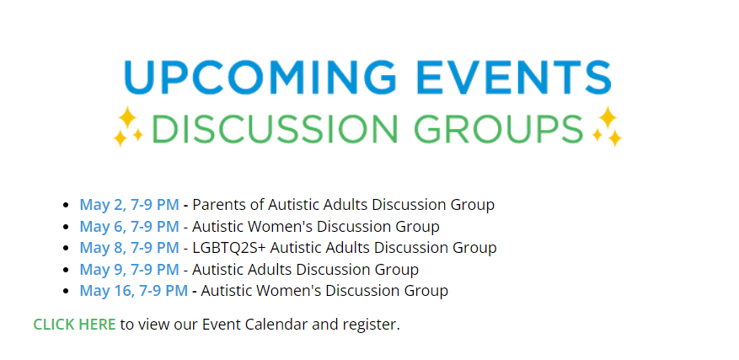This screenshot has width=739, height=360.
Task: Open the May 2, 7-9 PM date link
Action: click(x=129, y=205)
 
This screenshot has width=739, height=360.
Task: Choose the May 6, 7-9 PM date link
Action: click(x=129, y=227)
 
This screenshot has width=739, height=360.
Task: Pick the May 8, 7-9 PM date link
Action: click(x=129, y=248)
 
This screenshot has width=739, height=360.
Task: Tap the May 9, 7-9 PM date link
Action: click(x=129, y=270)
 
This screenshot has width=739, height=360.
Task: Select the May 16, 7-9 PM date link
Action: click(x=133, y=291)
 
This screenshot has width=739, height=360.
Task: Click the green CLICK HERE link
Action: click(x=74, y=324)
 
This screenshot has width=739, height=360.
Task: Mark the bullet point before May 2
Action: click(x=66, y=206)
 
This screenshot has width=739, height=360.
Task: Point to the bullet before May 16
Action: click(x=66, y=291)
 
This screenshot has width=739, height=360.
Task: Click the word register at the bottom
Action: click(x=371, y=325)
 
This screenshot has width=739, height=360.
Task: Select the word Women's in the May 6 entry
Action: click(x=284, y=227)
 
